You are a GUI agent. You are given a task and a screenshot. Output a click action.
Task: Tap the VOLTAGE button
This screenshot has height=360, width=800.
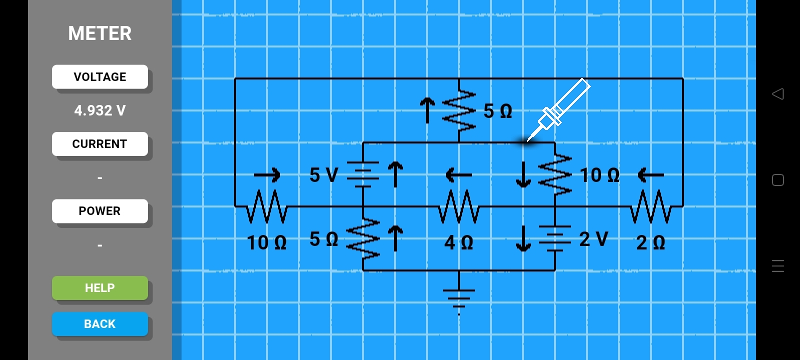(x=100, y=77)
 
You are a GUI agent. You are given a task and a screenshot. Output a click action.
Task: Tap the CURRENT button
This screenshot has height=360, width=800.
(x=100, y=144)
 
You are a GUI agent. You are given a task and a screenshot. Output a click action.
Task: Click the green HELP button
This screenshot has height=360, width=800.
(x=100, y=288)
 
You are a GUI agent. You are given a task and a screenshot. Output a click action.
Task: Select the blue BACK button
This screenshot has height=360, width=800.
(x=100, y=324)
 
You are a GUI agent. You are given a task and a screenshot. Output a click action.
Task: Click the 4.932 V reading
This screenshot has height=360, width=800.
(x=100, y=110)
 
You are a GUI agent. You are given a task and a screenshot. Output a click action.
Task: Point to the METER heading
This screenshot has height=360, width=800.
(x=100, y=33)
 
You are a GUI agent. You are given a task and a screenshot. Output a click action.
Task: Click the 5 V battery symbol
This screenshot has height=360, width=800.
(x=363, y=174)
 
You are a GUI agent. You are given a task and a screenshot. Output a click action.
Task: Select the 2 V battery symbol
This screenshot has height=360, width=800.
(x=554, y=238)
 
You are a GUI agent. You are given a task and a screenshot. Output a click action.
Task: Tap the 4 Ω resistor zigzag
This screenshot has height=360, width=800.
(x=459, y=206)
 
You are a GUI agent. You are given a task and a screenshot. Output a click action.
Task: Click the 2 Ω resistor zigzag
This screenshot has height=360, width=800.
(x=650, y=206)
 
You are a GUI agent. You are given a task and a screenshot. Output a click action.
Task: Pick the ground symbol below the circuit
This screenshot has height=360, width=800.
(x=459, y=298)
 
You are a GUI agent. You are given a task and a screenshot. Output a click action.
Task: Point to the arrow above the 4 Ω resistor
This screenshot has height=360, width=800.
(x=458, y=175)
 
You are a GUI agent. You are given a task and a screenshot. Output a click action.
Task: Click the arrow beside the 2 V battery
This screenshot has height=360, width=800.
(x=523, y=238)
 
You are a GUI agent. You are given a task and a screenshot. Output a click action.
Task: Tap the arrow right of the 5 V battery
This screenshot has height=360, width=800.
(x=395, y=174)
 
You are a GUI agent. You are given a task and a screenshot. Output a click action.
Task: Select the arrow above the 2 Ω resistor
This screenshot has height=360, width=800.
(x=650, y=175)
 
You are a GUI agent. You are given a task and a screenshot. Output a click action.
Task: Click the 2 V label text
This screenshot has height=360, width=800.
(x=593, y=239)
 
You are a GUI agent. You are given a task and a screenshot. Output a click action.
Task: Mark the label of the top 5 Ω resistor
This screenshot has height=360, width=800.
(x=497, y=111)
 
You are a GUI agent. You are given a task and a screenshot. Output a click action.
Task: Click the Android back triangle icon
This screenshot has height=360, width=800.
(x=777, y=94)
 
